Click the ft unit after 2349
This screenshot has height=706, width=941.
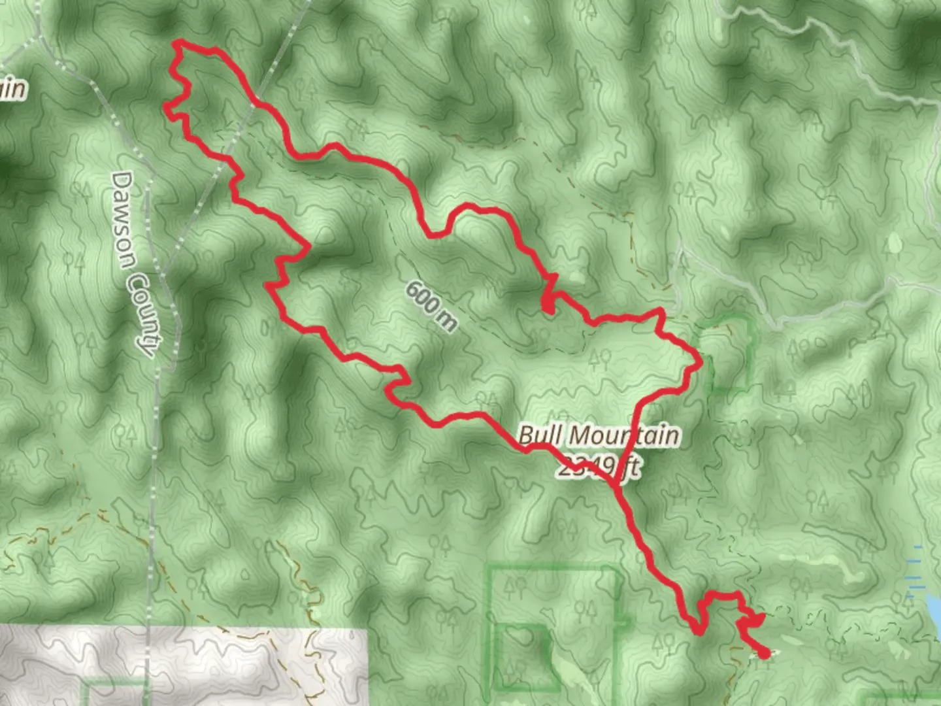pyautogui.click(x=631, y=468)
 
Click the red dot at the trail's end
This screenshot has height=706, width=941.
pyautogui.click(x=763, y=652)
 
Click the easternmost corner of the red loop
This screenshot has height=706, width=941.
pyautogui.click(x=701, y=361)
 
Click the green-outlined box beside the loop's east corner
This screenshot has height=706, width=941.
pyautogui.click(x=727, y=353)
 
